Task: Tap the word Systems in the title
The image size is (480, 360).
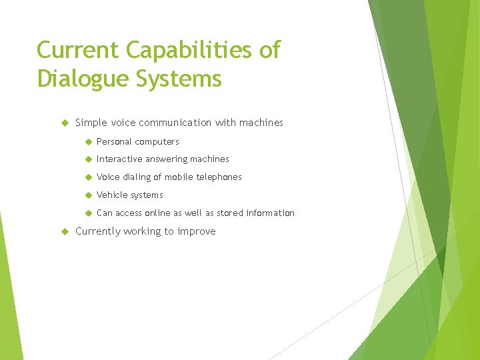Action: pos(179,79)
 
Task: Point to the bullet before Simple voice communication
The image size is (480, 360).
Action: pos(65,123)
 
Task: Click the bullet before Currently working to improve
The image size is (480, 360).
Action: pos(65,231)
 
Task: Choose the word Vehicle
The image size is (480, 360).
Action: pos(111,195)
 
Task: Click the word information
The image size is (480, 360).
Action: pos(270,213)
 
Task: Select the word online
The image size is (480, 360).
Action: pos(164,213)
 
